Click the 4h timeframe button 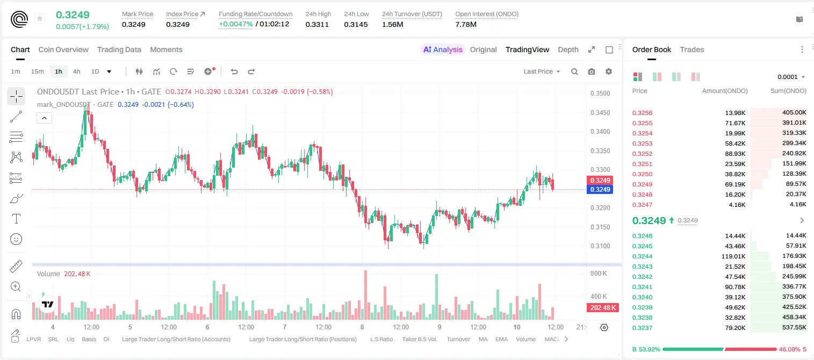click(x=76, y=71)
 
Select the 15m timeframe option click(x=37, y=71)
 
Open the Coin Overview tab click(x=63, y=49)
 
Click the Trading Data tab click(x=119, y=49)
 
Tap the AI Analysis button click(x=443, y=49)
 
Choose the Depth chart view click(x=568, y=49)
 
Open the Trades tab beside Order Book click(x=692, y=49)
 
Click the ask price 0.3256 click(x=642, y=113)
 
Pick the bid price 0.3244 click(x=642, y=256)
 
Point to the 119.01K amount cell click(x=733, y=256)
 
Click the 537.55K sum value click(x=794, y=327)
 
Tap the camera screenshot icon click(x=592, y=71)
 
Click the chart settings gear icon click(x=609, y=71)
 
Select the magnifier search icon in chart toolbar click(x=574, y=71)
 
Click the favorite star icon click(x=40, y=18)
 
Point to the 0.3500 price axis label click(x=600, y=93)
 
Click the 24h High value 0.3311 click(x=317, y=24)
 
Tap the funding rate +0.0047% click(x=235, y=24)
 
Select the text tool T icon click(x=16, y=219)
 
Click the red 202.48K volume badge click(x=602, y=308)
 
